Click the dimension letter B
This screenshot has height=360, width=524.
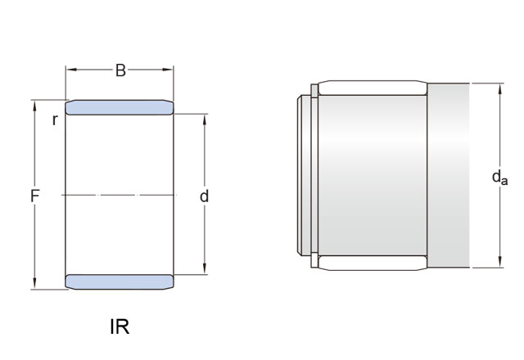click(120, 70)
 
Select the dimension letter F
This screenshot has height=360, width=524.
click(35, 196)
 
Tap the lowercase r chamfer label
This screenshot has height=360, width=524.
click(55, 120)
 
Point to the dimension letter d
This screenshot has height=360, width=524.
click(204, 196)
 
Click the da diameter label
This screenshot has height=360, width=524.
click(499, 177)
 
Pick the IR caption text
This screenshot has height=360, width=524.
click(120, 326)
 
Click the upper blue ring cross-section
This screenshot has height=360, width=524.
click(120, 107)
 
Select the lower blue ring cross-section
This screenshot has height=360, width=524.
click(120, 281)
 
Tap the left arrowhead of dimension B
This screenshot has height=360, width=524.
click(71, 70)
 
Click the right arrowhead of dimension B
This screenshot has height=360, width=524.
click(167, 70)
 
